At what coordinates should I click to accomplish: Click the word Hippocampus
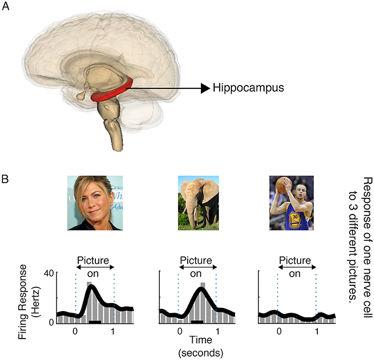(249, 88)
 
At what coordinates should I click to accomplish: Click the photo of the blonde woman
(94, 203)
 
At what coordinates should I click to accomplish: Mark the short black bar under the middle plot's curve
(197, 321)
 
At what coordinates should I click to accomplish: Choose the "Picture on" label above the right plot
(295, 268)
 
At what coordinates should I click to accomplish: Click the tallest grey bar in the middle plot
(202, 303)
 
